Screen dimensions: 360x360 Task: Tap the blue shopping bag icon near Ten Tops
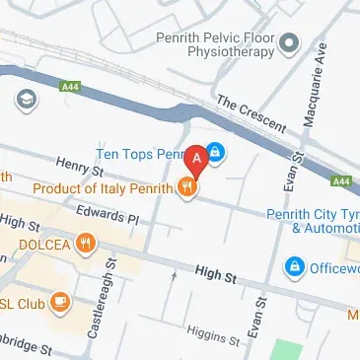216,154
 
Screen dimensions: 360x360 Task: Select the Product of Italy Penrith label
104,187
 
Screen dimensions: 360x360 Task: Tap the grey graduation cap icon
22,100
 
